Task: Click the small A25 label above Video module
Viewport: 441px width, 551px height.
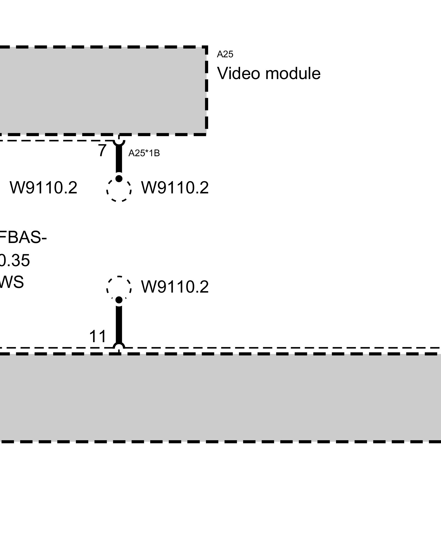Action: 225,55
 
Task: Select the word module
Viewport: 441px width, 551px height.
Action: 293,74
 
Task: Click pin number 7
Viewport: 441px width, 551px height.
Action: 102,151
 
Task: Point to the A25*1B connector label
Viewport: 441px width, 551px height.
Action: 144,153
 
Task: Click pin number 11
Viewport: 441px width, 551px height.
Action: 98,336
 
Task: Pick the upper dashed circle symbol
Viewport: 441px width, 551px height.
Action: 119,190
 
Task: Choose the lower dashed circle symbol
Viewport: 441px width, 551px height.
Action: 119,288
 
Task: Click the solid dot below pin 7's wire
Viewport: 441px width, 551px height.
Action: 119,179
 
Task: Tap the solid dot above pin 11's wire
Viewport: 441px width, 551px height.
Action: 119,300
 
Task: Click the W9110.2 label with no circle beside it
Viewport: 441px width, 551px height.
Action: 44,188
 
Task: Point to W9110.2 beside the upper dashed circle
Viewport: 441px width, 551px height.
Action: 175,188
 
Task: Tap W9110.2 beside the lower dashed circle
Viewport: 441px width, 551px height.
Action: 175,287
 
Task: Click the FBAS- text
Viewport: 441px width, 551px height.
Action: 23,237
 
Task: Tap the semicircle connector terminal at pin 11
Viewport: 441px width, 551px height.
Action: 119,346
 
